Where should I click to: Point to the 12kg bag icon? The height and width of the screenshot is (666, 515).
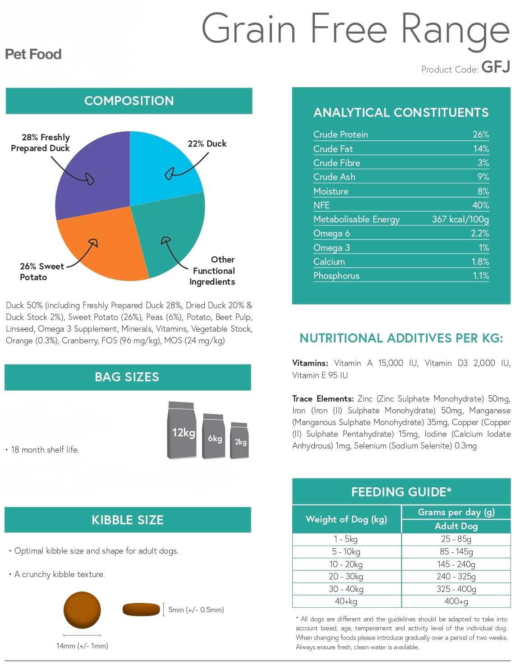coord(182,430)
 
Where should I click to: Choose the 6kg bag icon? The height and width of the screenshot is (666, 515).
coord(214,436)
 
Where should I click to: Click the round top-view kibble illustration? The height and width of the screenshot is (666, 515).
coord(82,610)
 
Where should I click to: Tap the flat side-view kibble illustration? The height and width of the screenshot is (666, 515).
coord(141,609)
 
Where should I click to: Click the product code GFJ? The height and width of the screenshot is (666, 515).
coord(496,67)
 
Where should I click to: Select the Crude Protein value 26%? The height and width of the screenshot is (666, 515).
coord(481,134)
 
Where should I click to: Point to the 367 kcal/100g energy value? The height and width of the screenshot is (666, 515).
coord(460,219)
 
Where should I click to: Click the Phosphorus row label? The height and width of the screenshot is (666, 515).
coord(336,276)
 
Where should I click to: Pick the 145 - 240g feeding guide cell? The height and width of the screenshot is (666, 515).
coord(456,564)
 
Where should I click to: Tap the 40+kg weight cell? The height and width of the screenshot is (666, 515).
coord(346,601)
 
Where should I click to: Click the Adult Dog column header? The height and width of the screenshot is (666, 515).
coord(456,526)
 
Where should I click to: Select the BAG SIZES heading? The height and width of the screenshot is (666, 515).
coord(127,377)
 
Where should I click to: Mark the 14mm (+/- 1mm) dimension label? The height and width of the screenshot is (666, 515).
coord(82,646)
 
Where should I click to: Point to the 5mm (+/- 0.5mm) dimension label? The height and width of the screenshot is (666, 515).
coord(196,610)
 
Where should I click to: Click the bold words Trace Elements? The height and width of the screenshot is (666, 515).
coord(323,399)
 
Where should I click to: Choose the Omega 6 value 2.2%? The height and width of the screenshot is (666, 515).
coord(480,234)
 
